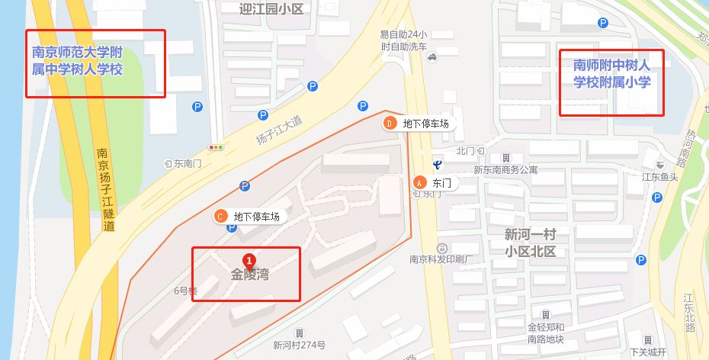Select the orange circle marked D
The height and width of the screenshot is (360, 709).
tap(389, 123)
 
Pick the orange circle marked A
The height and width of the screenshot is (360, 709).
tap(419, 182)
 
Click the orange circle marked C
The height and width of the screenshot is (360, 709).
tap(221, 216)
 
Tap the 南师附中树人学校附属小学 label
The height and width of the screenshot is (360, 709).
tap(611, 74)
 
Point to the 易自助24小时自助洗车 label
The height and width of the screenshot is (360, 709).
tap(403, 40)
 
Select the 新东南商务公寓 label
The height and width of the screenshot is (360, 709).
tap(505, 169)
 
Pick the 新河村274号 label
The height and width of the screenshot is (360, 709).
tap(300, 345)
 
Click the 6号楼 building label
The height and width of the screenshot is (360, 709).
tap(185, 291)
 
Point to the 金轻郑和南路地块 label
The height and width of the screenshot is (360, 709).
tap(545, 333)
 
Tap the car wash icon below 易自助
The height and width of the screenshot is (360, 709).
tap(431, 56)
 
